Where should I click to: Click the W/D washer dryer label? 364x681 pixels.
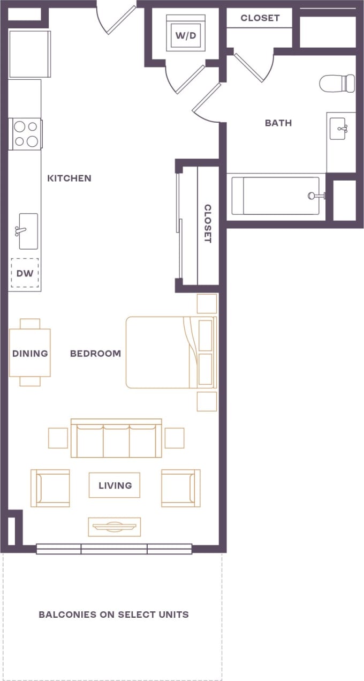[x=185, y=36]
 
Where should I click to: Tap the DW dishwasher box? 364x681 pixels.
[x=25, y=273]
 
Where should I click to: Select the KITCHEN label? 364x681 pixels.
[x=69, y=178]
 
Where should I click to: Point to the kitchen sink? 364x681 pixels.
[x=28, y=231]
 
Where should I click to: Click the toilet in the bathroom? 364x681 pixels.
[x=338, y=83]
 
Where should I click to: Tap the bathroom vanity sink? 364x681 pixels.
[x=339, y=129]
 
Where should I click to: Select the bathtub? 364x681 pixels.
[x=276, y=196]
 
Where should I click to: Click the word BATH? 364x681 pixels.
[x=278, y=123]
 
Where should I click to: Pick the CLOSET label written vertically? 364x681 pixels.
[x=208, y=224]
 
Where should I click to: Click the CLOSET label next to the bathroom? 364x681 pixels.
[x=260, y=18]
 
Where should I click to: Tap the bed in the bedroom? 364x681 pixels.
[x=170, y=352]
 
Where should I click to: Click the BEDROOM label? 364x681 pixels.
[x=95, y=354]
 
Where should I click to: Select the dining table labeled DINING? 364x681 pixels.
[x=30, y=353]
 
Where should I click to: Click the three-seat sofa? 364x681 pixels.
[x=117, y=439]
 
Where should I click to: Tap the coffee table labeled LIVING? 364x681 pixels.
[x=115, y=485]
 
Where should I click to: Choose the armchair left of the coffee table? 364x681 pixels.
[x=51, y=488]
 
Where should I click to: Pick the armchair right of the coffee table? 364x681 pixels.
[x=180, y=488]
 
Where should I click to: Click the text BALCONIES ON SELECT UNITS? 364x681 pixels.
[x=113, y=615]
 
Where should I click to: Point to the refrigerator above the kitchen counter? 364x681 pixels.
[x=29, y=54]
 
